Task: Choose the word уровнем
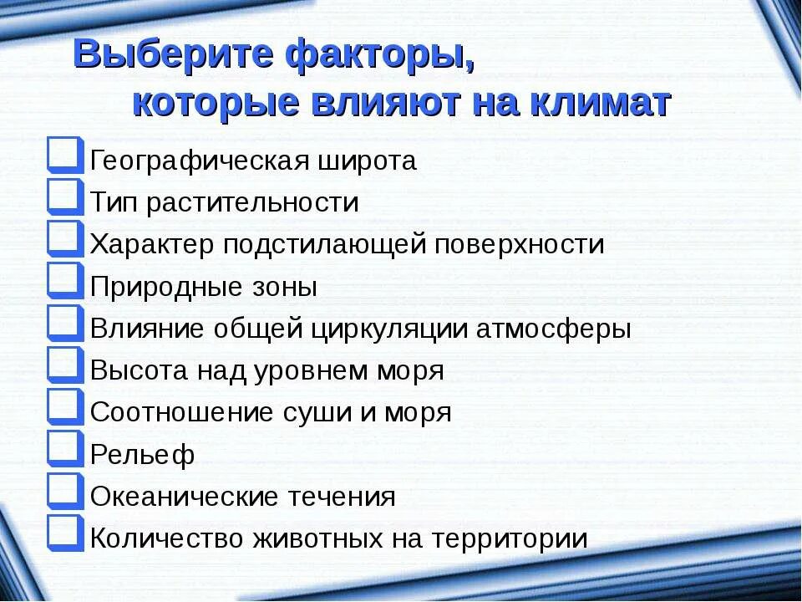tap(302, 371)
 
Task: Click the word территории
tap(509, 539)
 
